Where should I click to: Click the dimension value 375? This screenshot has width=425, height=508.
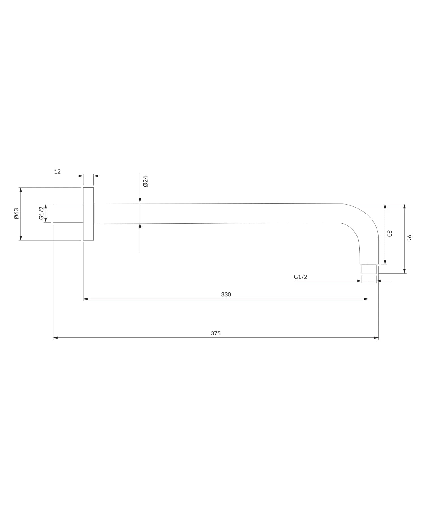pos(216,333)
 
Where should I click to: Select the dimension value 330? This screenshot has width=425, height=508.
pos(226,294)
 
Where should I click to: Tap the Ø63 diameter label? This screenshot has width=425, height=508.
pos(16,214)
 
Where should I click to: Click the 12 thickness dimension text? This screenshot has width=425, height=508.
pos(57,172)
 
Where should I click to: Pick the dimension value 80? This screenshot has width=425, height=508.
pos(389,233)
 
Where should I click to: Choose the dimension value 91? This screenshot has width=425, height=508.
pos(409,238)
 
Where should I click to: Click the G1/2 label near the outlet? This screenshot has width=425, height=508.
pos(300,277)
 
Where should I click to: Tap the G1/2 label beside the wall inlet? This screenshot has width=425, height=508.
pos(42,213)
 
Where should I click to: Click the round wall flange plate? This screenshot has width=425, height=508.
pos(88,214)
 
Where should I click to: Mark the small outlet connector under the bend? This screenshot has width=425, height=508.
pos(369,269)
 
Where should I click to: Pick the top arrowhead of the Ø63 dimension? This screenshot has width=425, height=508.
pos(20,189)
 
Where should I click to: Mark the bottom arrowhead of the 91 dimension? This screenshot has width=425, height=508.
pos(405,271)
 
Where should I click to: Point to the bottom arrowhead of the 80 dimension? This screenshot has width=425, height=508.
pos(385,262)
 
